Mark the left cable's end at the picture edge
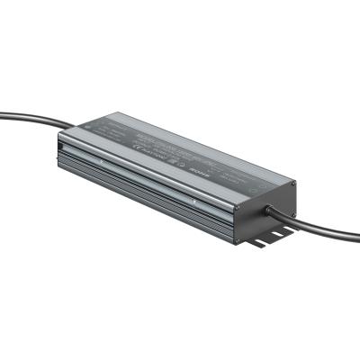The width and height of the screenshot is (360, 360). (2, 115)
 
